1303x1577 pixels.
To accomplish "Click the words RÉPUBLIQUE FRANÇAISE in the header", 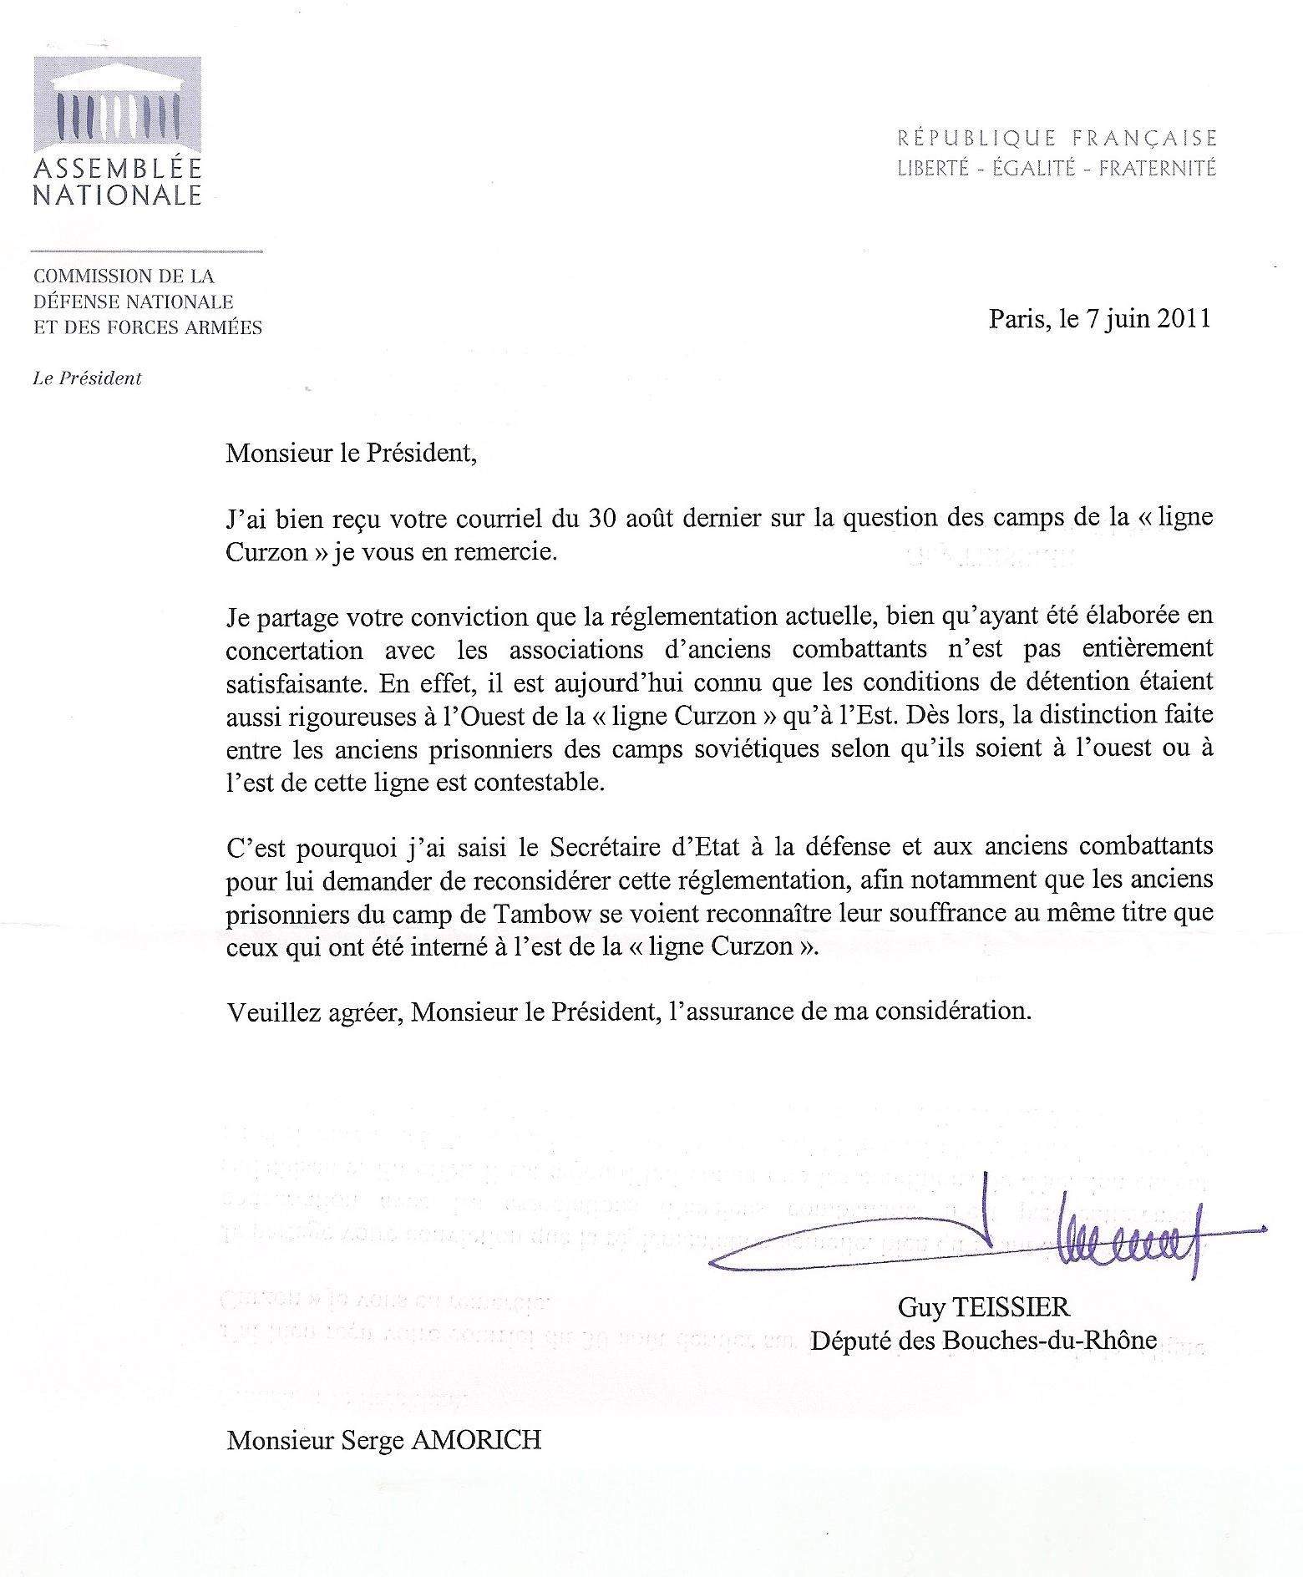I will click(x=1057, y=138).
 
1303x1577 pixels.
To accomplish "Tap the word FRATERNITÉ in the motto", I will click(x=1157, y=168).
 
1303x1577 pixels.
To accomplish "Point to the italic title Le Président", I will click(x=88, y=378).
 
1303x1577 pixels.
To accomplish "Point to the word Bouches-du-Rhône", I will click(x=1049, y=1340).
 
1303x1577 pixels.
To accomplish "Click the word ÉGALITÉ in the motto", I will click(x=1033, y=168).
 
